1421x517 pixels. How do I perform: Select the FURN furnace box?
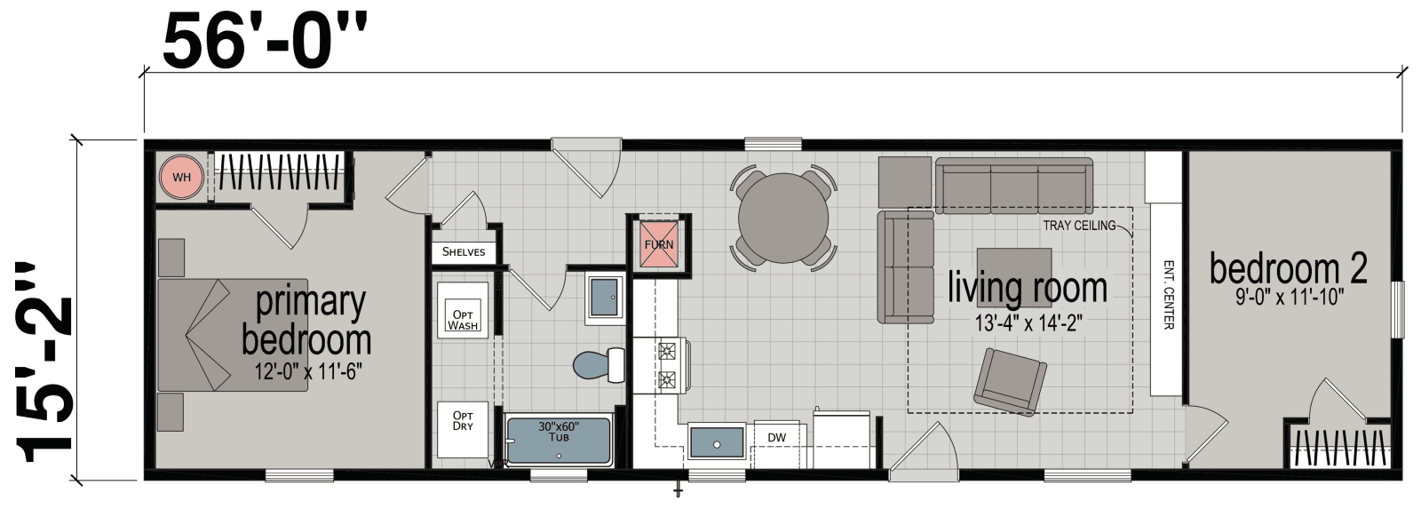659,242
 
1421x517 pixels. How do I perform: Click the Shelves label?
464,252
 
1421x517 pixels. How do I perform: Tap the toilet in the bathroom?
596,365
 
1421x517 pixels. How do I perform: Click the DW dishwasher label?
777,437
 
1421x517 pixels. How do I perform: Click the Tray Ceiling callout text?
1079,226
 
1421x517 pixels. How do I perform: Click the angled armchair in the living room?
1011,380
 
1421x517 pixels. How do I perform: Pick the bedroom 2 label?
1287,269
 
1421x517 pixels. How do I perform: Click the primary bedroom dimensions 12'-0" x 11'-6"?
306,371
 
